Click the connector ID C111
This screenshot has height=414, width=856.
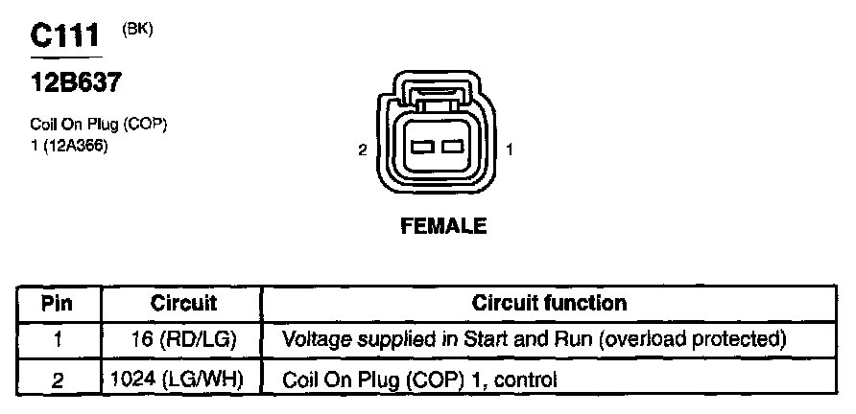64,36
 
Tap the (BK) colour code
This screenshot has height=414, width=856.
137,30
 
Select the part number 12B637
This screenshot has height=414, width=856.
76,83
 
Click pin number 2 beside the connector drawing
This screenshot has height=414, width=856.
362,149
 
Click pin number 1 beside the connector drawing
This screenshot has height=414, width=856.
510,149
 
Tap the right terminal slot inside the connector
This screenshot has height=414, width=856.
451,148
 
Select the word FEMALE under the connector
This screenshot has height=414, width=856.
442,227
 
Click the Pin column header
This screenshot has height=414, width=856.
58,304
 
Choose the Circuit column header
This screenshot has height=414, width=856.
183,304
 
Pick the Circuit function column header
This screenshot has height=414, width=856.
549,304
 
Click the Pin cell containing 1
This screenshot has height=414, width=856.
58,340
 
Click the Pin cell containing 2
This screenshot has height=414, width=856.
58,379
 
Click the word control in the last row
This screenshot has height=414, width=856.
526,379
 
